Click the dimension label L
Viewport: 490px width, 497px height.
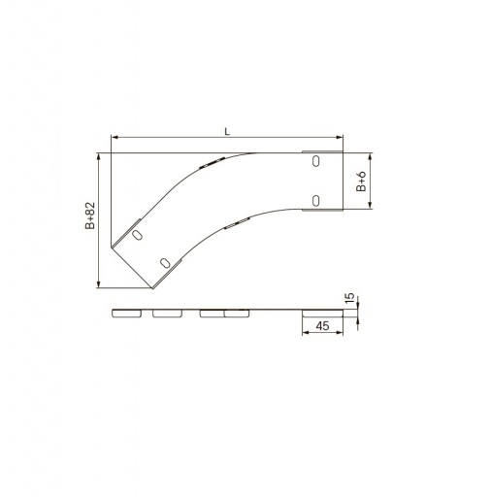pyautogui.click(x=227, y=131)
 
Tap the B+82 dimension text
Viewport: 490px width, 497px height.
pyautogui.click(x=90, y=215)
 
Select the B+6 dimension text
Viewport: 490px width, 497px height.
pyautogui.click(x=361, y=182)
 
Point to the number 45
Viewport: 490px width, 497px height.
pyautogui.click(x=322, y=326)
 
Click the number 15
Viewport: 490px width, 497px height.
pyautogui.click(x=350, y=298)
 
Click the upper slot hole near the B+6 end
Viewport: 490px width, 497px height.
pyautogui.click(x=315, y=161)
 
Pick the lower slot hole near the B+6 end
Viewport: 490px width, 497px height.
pyautogui.click(x=315, y=201)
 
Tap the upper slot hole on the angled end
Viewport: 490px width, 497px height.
pyautogui.click(x=137, y=235)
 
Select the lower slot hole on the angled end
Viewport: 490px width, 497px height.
pyautogui.click(x=165, y=263)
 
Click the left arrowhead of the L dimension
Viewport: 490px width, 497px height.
pyautogui.click(x=114, y=138)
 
